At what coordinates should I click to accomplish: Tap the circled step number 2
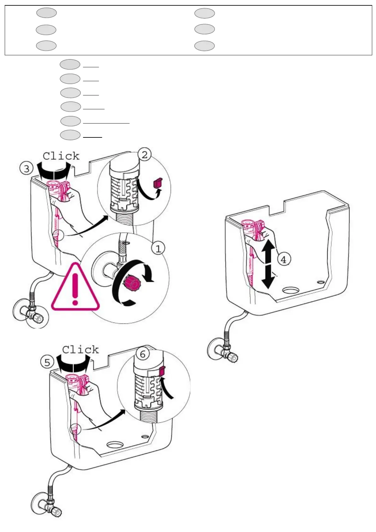pyautogui.click(x=144, y=155)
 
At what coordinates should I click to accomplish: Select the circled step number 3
pyautogui.click(x=27, y=168)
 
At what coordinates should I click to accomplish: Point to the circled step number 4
pyautogui.click(x=283, y=260)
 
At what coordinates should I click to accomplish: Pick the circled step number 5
pyautogui.click(x=47, y=362)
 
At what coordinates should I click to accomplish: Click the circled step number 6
pyautogui.click(x=143, y=354)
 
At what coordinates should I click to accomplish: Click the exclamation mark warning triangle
pyautogui.click(x=75, y=287)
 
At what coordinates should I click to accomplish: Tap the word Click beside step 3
pyautogui.click(x=61, y=156)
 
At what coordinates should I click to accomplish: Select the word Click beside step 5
pyautogui.click(x=80, y=350)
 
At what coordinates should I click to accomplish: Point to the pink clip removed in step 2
pyautogui.click(x=157, y=183)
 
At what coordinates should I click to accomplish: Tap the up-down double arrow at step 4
pyautogui.click(x=268, y=264)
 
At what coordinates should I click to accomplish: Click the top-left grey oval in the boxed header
pyautogui.click(x=46, y=13)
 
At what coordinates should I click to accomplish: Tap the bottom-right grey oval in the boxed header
pyautogui.click(x=204, y=46)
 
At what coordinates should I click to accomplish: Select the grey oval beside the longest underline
pyautogui.click(x=70, y=121)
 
